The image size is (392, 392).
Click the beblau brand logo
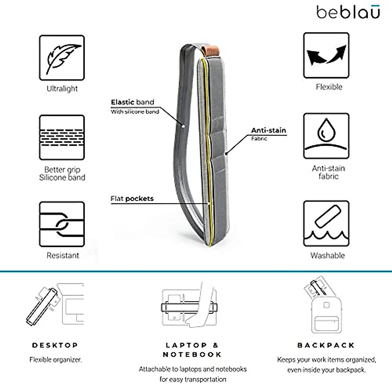[x=348, y=12]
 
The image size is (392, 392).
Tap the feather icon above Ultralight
[x=62, y=58]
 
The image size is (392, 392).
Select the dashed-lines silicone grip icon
[x=62, y=138]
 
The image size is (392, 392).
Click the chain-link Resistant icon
[x=62, y=224]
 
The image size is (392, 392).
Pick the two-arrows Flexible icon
[x=326, y=55]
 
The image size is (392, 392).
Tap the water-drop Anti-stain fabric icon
[x=326, y=136]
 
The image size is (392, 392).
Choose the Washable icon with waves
[x=326, y=224]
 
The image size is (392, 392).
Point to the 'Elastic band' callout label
[x=132, y=102]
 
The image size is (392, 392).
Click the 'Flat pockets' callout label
[x=132, y=199]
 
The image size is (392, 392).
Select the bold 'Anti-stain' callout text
[x=269, y=130]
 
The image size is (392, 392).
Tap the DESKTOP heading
[x=55, y=345]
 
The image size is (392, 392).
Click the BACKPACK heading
[x=326, y=345]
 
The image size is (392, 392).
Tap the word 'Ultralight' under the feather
[x=62, y=89]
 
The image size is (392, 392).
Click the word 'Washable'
[x=327, y=255]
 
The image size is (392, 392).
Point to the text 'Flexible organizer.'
[x=56, y=360]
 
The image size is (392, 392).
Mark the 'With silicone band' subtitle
[x=135, y=112]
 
